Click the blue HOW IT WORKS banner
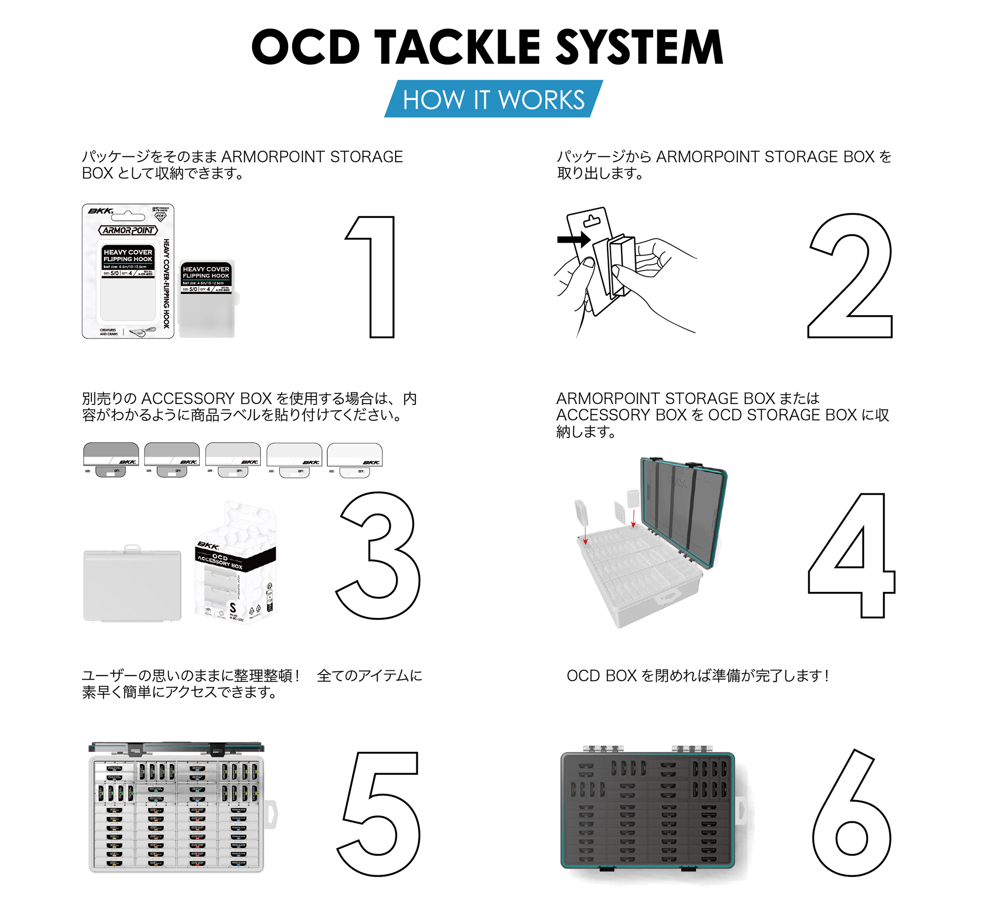[x=493, y=99]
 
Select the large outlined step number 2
[x=850, y=276]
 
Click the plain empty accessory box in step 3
[x=132, y=585]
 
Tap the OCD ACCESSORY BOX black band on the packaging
[x=235, y=560]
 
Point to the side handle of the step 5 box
[x=271, y=814]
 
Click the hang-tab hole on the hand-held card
[x=592, y=221]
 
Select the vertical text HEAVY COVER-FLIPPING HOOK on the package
[x=166, y=283]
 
